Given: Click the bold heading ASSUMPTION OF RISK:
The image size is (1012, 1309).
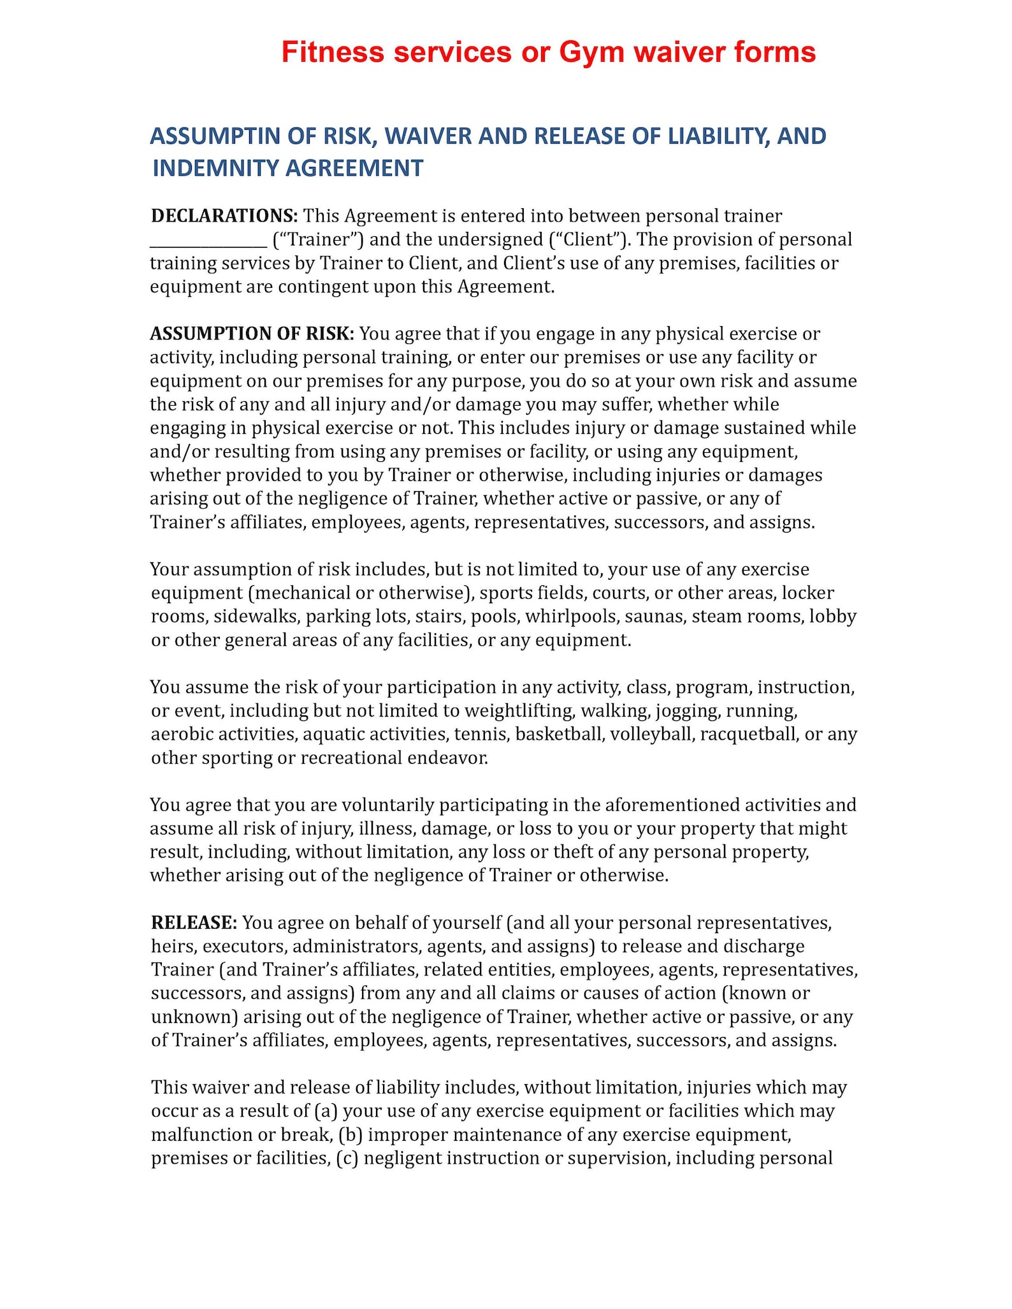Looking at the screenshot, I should (252, 334).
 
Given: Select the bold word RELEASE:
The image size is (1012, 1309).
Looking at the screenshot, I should (194, 923).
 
